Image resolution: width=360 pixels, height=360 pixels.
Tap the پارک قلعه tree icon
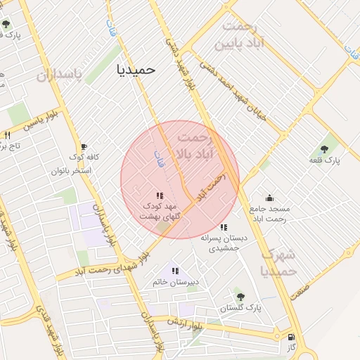(324, 148)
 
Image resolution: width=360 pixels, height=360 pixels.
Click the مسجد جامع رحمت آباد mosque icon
(269, 198)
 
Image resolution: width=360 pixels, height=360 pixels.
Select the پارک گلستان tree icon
(240, 297)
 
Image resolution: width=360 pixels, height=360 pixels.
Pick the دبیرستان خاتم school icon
(175, 271)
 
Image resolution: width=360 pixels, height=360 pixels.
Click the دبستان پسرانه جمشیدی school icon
(224, 227)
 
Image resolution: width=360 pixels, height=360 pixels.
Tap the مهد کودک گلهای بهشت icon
(160, 195)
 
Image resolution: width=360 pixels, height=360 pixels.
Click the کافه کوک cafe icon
(84, 146)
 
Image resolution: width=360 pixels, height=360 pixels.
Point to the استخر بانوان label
(70, 170)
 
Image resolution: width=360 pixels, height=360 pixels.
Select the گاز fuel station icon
(291, 337)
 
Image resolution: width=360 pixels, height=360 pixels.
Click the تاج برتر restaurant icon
(7, 135)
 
